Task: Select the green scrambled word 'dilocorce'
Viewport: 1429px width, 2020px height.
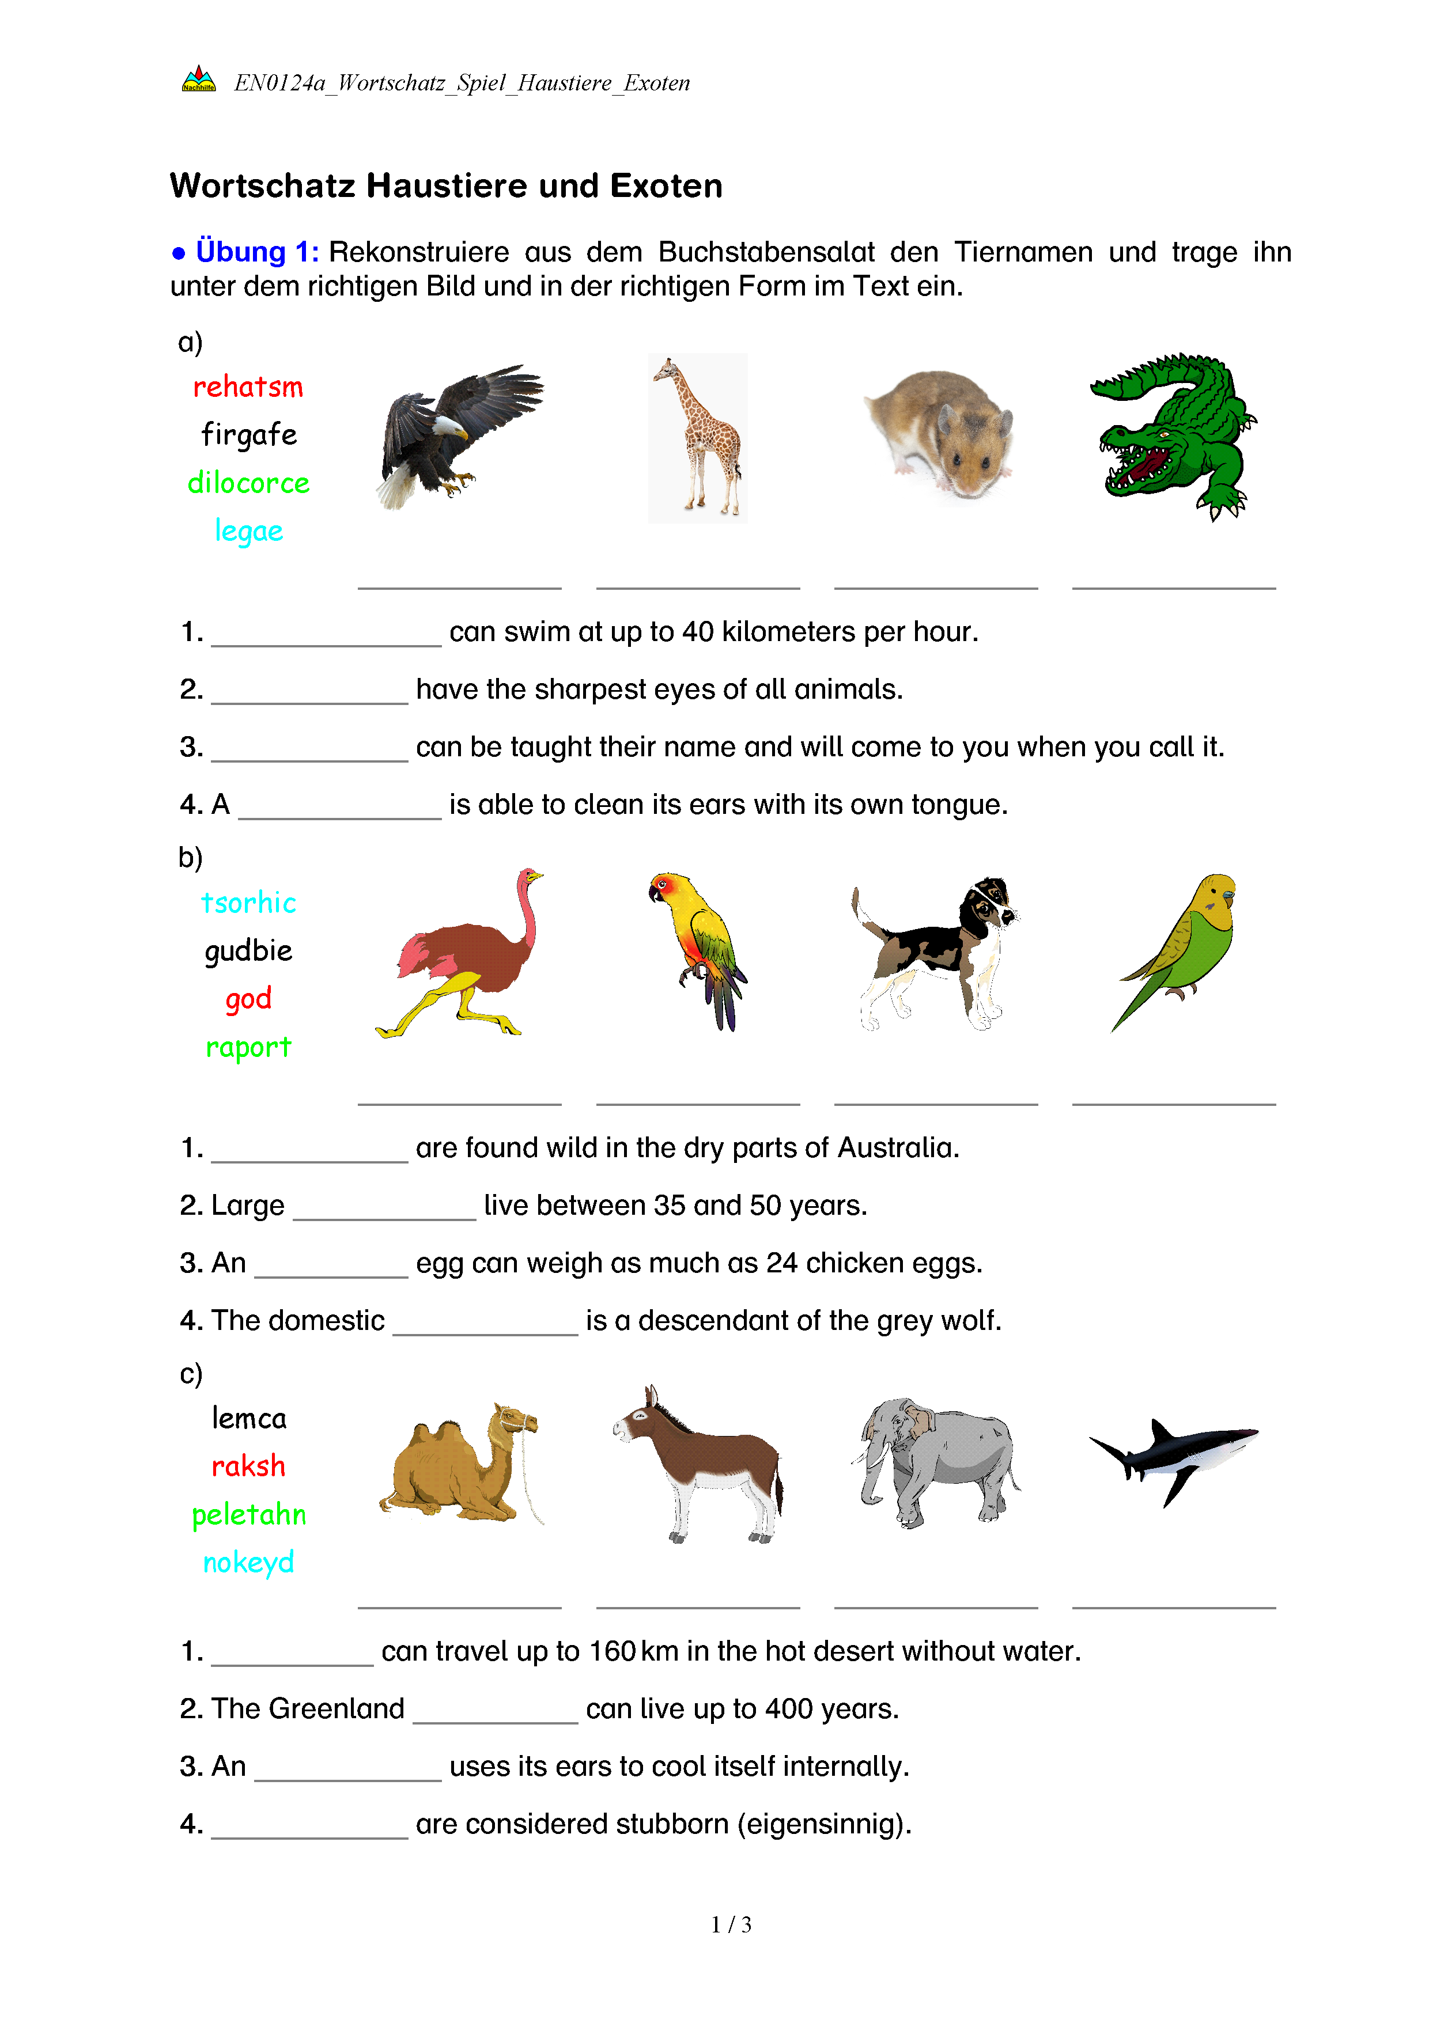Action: [248, 483]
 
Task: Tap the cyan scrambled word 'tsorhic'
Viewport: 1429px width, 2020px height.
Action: [248, 903]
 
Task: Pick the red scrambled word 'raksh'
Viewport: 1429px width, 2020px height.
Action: [248, 1466]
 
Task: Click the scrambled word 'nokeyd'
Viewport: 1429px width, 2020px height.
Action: [248, 1563]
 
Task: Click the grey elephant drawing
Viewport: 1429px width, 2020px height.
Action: [935, 1461]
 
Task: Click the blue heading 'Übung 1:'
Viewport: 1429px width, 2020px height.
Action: [257, 252]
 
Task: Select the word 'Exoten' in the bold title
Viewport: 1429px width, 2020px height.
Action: [666, 187]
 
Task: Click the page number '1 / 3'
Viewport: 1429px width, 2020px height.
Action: [730, 1925]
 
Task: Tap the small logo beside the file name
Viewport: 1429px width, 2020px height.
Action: [199, 80]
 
